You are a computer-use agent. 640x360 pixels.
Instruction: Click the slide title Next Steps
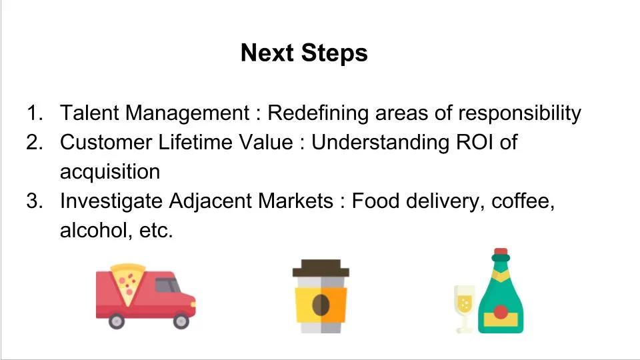304,53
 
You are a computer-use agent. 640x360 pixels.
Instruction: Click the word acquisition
110,172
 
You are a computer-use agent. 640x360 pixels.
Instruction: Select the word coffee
523,201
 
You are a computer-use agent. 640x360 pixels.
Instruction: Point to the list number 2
34,142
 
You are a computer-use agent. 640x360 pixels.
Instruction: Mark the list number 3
34,201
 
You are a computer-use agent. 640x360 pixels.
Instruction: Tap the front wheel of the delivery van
181,321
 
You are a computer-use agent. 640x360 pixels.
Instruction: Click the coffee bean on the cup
321,305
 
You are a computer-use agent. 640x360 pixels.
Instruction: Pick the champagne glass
465,304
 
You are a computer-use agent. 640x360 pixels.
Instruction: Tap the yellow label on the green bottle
501,315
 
